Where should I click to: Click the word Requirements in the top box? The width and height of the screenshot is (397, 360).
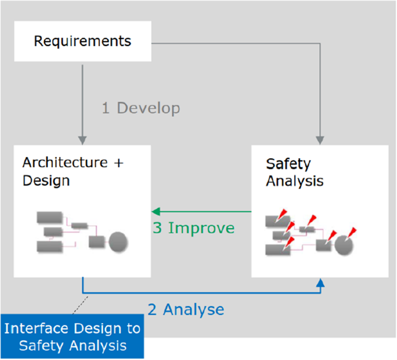pos(83,41)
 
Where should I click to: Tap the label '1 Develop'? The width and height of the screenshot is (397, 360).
pos(141,108)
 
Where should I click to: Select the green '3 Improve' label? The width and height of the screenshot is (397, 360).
pos(194,228)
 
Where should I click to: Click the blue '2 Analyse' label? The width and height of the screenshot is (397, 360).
pos(186,309)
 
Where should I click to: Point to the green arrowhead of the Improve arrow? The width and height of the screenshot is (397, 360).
pos(156,211)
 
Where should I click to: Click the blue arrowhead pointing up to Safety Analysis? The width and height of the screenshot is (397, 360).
pos(320,283)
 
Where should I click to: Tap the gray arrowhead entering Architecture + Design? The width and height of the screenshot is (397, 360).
pos(83,140)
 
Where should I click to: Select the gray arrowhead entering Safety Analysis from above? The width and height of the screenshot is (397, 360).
pos(320,140)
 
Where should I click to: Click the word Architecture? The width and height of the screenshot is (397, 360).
pos(65,163)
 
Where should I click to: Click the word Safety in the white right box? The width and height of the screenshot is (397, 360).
pos(288,164)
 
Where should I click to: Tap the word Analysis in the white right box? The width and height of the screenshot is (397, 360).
pos(295,181)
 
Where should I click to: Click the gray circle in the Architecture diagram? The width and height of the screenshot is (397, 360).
pos(118,242)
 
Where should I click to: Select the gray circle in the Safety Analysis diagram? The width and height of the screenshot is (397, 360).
pos(344,245)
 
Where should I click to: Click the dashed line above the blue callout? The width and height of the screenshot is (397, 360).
pos(80,305)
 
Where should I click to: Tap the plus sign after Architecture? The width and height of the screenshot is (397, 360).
pos(118,163)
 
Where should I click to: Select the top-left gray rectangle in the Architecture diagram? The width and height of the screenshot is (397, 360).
pos(50,218)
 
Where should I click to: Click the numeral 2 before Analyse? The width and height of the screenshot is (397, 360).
pos(152,310)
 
